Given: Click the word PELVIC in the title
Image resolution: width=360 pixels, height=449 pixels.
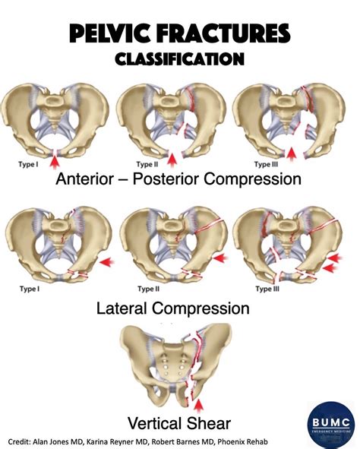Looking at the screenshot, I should pos(112,33).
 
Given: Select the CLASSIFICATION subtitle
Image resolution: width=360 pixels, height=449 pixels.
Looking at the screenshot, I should pos(179,58).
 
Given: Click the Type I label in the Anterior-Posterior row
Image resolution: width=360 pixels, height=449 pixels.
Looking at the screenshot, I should pos(29,163).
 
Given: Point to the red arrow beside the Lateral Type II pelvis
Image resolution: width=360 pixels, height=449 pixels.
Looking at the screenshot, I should pos(221,258).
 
